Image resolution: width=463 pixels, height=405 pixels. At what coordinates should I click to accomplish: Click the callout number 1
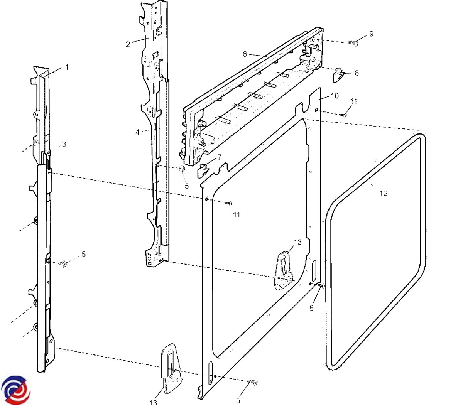click(66, 67)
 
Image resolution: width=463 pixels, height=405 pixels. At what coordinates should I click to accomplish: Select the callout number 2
click(128, 44)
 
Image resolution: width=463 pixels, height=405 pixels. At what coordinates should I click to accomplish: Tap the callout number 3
click(64, 144)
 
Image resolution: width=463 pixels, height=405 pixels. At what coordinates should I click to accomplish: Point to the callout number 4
click(137, 132)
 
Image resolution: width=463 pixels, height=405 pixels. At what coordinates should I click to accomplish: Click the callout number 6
click(245, 54)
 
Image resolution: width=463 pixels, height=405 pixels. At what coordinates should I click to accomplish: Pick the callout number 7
click(220, 157)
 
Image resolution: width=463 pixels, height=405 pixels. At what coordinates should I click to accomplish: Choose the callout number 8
click(357, 73)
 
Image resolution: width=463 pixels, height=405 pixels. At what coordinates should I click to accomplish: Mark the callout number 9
click(371, 34)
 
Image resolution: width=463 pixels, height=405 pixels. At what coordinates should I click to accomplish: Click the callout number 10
click(335, 95)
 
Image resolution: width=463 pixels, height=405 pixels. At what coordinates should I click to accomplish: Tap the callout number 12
click(384, 193)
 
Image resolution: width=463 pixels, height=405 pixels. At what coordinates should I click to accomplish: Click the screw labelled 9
click(353, 43)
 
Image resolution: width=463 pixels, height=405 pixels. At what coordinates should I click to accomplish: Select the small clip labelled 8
click(338, 76)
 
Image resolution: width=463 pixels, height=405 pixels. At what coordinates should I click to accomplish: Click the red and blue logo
click(15, 390)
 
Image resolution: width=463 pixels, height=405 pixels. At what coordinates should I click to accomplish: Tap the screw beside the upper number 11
click(343, 114)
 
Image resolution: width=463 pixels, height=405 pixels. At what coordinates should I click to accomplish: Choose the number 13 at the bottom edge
click(153, 402)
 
